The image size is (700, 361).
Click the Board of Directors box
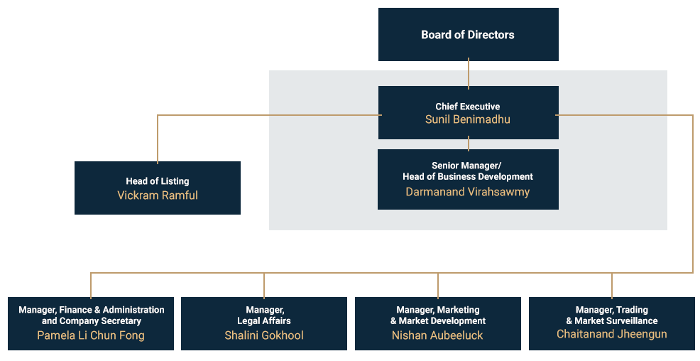click(468, 34)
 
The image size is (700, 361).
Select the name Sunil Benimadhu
click(468, 119)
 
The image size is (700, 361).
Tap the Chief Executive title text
click(468, 107)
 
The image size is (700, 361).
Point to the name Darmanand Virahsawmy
click(468, 192)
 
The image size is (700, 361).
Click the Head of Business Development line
click(468, 176)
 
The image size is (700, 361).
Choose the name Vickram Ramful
click(158, 195)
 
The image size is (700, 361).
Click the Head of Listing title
click(158, 181)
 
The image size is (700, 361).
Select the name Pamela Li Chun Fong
click(91, 335)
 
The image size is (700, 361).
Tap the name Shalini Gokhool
click(264, 335)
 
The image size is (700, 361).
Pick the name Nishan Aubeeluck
click(437, 335)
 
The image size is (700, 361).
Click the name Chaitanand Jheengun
click(611, 334)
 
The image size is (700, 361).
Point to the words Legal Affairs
click(264, 321)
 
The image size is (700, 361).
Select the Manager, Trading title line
click(611, 310)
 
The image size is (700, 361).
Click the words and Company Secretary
click(91, 321)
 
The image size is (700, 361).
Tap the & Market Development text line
click(437, 321)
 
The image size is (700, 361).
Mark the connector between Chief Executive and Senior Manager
click(469, 144)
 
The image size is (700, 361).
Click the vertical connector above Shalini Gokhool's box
click(264, 284)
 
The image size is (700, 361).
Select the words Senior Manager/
click(468, 166)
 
